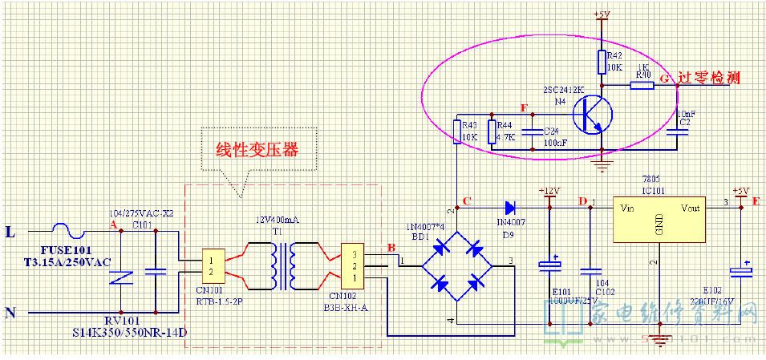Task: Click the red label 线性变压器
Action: coord(252,151)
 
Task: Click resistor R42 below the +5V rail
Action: coord(601,61)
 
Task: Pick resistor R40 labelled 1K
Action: coord(642,84)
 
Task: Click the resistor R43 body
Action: coord(456,130)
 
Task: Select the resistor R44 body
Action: coord(492,131)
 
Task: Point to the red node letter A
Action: coord(112,224)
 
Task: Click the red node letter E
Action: coord(756,203)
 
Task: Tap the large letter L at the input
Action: coord(10,233)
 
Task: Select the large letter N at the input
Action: coord(10,313)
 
